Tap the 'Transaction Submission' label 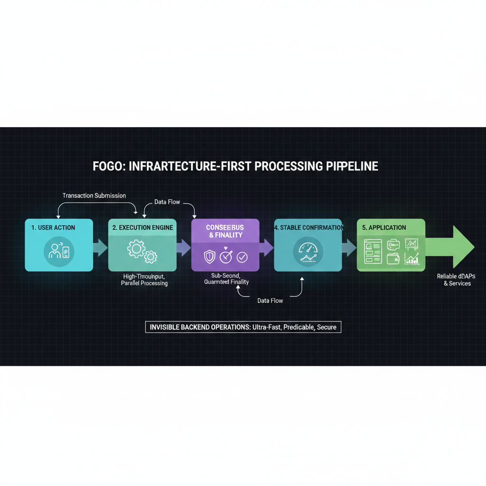tap(94, 196)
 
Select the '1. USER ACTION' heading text tap(53, 228)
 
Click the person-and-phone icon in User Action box tap(59, 252)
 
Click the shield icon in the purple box tap(209, 257)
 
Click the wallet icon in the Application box tap(393, 259)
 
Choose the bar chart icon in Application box tap(411, 259)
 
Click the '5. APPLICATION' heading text tap(384, 228)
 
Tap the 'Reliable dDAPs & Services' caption tap(454, 280)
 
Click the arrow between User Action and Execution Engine tap(100, 247)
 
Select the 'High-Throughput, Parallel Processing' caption tap(144, 280)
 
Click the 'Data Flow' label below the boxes tap(270, 300)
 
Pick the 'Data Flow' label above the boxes tap(167, 202)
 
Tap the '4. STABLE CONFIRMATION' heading tap(309, 228)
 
